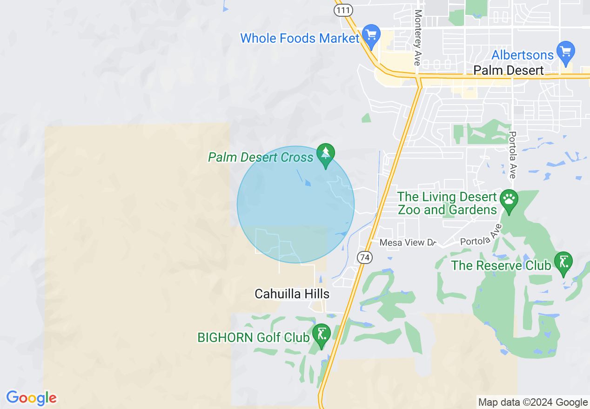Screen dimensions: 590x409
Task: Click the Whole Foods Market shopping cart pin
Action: click(371, 35)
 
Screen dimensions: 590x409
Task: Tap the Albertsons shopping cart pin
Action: click(566, 52)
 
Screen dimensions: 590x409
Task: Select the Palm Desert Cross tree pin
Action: click(326, 154)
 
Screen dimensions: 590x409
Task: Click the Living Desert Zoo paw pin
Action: click(509, 200)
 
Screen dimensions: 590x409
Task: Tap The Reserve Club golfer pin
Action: click(563, 262)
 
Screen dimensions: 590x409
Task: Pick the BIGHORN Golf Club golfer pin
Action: click(321, 334)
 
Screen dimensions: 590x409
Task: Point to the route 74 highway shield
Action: click(365, 257)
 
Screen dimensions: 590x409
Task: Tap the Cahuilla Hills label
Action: click(292, 294)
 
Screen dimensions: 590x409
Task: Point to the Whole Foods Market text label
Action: click(300, 38)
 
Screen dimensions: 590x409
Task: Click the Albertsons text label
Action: click(523, 55)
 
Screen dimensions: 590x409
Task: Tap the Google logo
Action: click(31, 398)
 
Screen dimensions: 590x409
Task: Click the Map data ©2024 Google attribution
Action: click(533, 402)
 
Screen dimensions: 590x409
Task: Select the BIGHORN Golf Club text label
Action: click(254, 337)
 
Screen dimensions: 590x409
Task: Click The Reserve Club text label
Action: click(501, 265)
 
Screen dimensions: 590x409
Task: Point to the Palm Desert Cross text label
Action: click(261, 157)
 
